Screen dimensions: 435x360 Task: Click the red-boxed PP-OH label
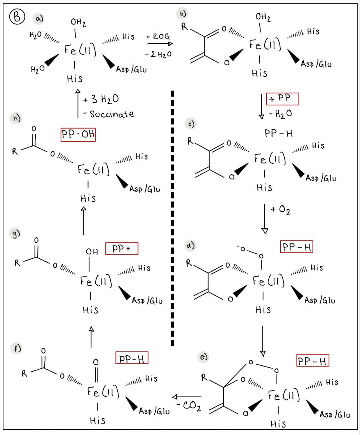click(78, 135)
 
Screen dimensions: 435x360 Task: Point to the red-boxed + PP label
click(282, 99)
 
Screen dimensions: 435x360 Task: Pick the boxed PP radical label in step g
click(122, 249)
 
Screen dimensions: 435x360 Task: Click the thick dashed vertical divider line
click(172, 218)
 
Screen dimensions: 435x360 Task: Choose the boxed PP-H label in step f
click(132, 358)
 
